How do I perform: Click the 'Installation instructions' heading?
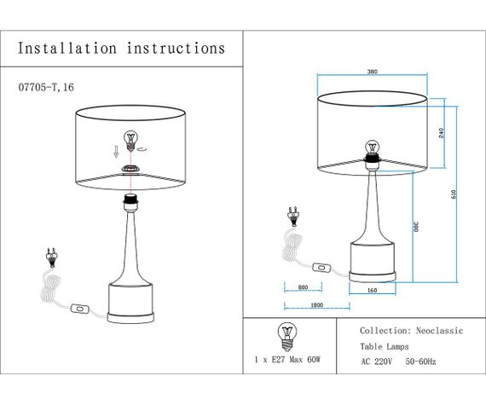[122, 49]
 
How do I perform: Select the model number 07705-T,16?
[51, 88]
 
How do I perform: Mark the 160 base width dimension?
[372, 290]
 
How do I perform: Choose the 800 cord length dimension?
[304, 287]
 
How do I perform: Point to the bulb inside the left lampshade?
[131, 138]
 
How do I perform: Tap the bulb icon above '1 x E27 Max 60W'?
[286, 334]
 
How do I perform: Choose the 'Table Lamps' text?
[384, 346]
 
